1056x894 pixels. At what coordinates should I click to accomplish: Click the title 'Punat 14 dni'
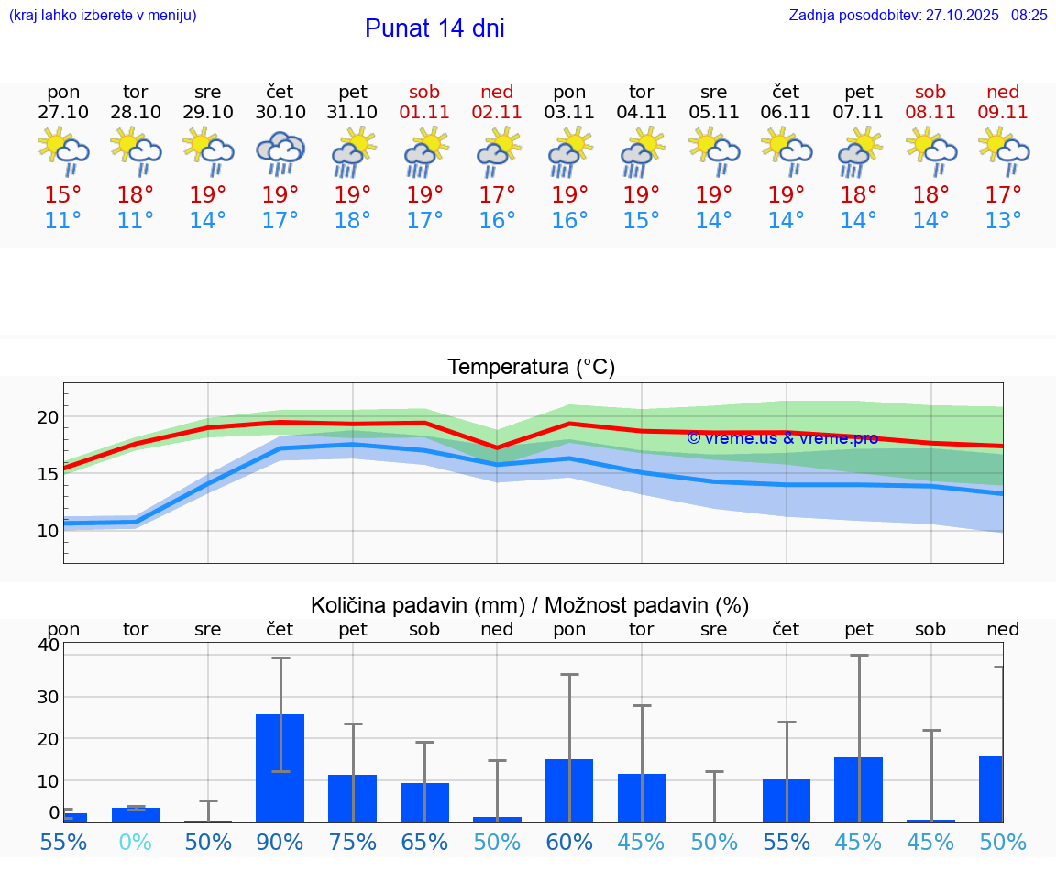click(x=434, y=28)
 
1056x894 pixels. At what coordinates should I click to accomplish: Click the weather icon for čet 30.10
click(x=280, y=152)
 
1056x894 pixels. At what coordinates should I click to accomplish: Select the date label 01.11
click(x=424, y=113)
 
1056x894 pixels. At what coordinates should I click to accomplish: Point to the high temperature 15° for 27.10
click(x=63, y=195)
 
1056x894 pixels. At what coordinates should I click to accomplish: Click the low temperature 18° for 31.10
click(x=353, y=221)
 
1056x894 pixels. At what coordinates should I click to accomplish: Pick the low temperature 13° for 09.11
click(x=1003, y=221)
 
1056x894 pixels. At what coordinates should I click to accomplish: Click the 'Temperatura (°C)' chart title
click(x=531, y=368)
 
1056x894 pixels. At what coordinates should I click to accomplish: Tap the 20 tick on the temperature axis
click(x=48, y=417)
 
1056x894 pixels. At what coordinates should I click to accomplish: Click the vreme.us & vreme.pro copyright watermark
click(x=782, y=438)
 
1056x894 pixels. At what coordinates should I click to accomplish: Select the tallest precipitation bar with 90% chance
click(x=280, y=768)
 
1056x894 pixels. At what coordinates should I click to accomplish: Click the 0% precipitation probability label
click(x=136, y=842)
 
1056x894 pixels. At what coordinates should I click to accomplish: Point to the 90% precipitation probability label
click(x=280, y=842)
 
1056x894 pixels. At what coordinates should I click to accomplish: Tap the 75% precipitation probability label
click(x=353, y=842)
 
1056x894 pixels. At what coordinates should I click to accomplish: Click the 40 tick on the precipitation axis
click(x=48, y=645)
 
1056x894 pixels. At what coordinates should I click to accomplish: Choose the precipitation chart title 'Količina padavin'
click(x=530, y=605)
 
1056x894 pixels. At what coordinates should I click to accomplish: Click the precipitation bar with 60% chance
click(x=569, y=790)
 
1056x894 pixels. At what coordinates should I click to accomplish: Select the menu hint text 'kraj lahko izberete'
click(x=103, y=15)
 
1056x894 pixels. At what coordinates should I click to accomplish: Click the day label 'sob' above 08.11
click(x=930, y=92)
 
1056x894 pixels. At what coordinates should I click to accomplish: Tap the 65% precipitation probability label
click(x=424, y=842)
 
